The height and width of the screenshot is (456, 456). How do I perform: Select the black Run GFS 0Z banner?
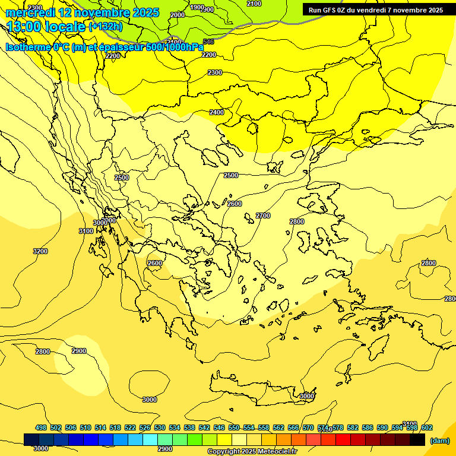pyautogui.click(x=375, y=9)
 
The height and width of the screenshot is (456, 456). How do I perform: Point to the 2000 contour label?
pyautogui.click(x=178, y=15)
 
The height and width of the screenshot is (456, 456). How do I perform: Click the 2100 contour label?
pyautogui.click(x=254, y=4)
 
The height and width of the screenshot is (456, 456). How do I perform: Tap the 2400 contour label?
pyautogui.click(x=217, y=112)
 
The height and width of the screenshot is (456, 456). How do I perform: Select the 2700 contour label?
pyautogui.click(x=263, y=216)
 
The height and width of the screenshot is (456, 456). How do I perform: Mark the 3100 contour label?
pyautogui.click(x=85, y=231)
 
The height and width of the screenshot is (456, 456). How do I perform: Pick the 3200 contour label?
pyautogui.click(x=40, y=251)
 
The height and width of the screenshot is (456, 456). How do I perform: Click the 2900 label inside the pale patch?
pyautogui.click(x=79, y=351)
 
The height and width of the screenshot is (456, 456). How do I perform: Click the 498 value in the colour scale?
pyautogui.click(x=41, y=427)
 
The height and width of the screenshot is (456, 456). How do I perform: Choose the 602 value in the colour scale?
pyautogui.click(x=426, y=427)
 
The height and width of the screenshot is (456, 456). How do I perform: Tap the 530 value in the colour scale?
pyautogui.click(x=160, y=427)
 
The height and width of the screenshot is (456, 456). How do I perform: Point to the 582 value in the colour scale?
pyautogui.click(x=353, y=427)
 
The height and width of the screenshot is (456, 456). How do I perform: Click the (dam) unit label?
pyautogui.click(x=439, y=441)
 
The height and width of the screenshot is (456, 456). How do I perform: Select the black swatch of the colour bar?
pyautogui.click(x=417, y=440)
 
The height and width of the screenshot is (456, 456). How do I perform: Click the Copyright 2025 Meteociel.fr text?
pyautogui.click(x=249, y=452)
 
